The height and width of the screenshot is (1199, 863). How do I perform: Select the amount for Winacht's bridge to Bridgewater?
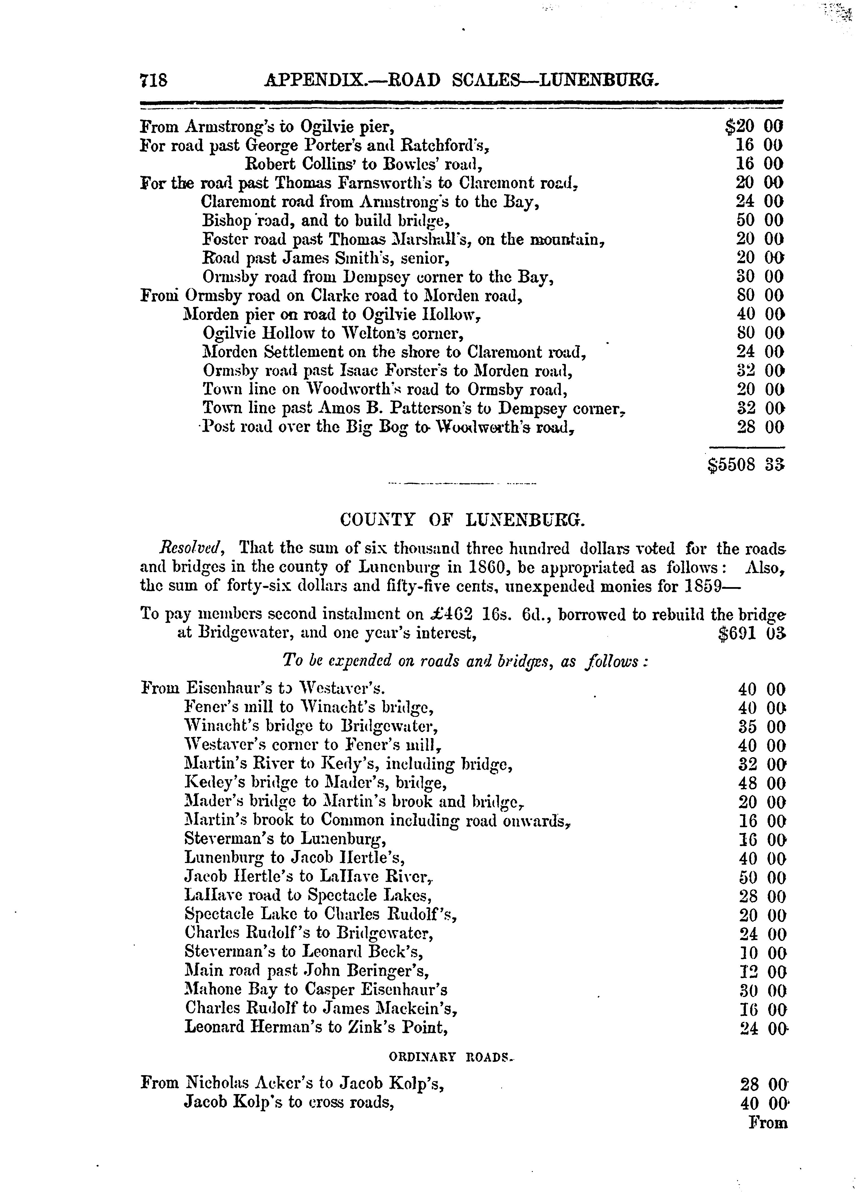click(x=761, y=727)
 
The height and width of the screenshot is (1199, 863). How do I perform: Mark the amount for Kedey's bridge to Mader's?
click(x=761, y=783)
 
